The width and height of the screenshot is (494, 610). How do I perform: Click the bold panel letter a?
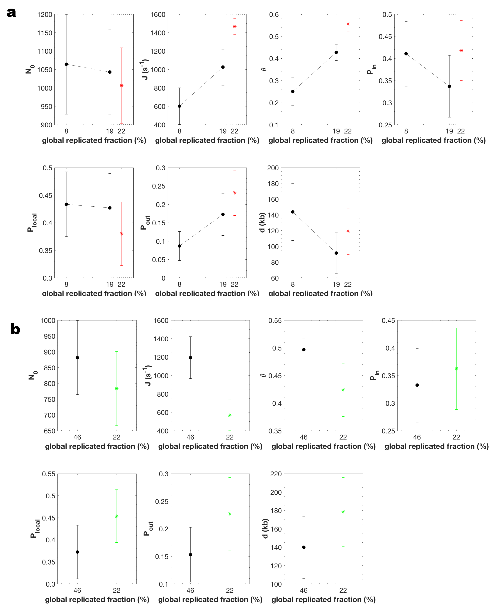coord(11,13)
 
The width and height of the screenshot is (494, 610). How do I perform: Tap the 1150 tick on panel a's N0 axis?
coord(45,33)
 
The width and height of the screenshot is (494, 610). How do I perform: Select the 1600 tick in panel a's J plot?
coord(158,15)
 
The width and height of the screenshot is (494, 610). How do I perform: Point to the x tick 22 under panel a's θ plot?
coord(348,131)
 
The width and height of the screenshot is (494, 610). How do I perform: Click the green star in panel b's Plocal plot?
coord(117,516)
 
